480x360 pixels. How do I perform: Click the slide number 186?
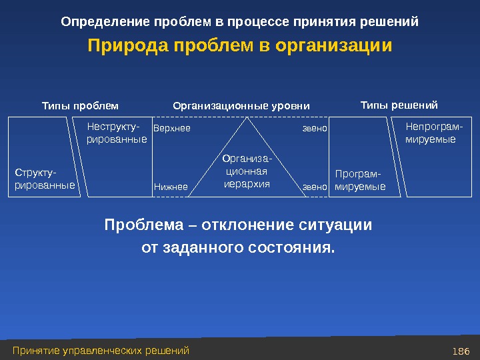[x=461, y=351]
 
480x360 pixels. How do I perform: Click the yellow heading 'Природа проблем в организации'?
[x=240, y=47]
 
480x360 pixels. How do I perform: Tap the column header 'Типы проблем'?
[x=80, y=105]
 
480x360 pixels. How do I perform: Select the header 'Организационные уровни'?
[x=241, y=105]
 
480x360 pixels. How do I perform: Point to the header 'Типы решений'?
[x=399, y=105]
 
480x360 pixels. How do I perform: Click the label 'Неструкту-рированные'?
[x=117, y=133]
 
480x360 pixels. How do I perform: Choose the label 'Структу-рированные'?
[x=45, y=179]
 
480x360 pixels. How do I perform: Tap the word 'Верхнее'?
[x=172, y=128]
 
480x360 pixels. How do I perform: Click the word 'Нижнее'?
[x=171, y=187]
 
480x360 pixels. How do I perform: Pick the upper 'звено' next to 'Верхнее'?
[x=315, y=128]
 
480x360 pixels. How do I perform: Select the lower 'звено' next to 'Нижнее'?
[x=315, y=187]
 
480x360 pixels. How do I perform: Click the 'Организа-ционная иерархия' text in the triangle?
[x=247, y=171]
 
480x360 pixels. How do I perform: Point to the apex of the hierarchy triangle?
[x=248, y=118]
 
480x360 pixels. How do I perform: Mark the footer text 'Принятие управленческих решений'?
[x=101, y=351]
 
